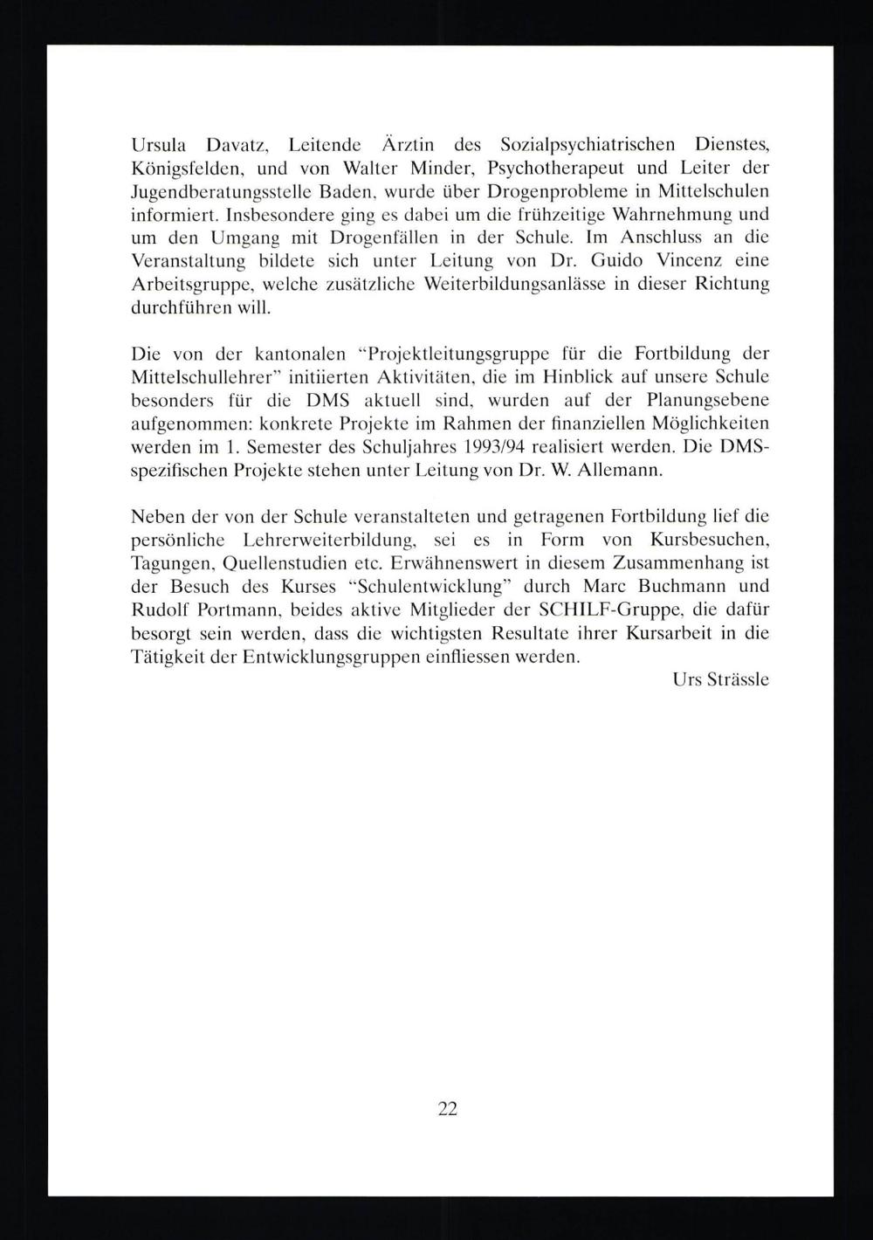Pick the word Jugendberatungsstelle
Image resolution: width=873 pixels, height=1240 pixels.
pos(225,191)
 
